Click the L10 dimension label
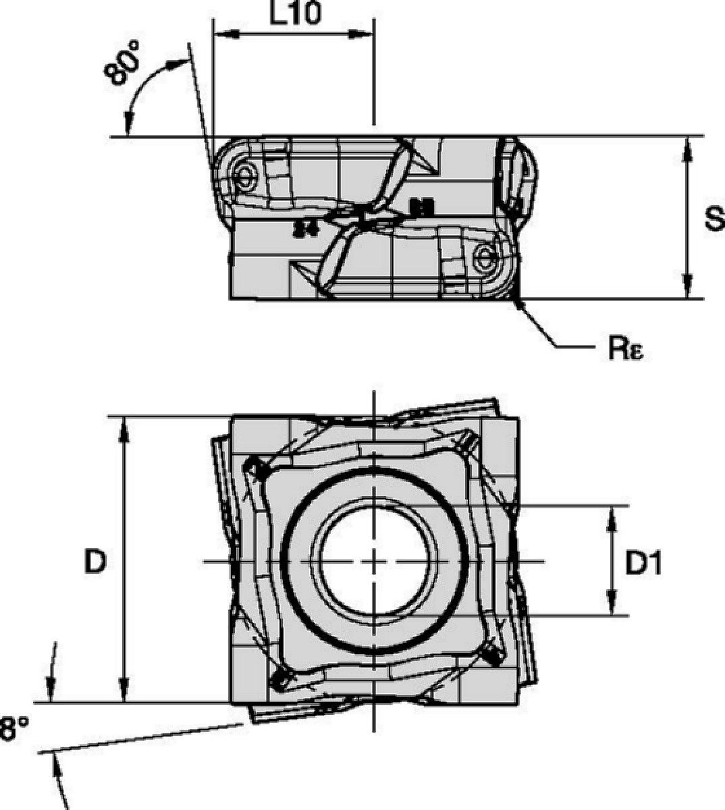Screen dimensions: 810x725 pyautogui.click(x=295, y=13)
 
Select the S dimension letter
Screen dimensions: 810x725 pyautogui.click(x=712, y=217)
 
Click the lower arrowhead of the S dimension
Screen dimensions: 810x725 pyautogui.click(x=687, y=288)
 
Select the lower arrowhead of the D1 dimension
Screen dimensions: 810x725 pyautogui.click(x=612, y=605)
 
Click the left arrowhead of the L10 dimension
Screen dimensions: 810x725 pyautogui.click(x=224, y=33)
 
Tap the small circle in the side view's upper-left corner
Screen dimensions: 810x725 pyautogui.click(x=244, y=175)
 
